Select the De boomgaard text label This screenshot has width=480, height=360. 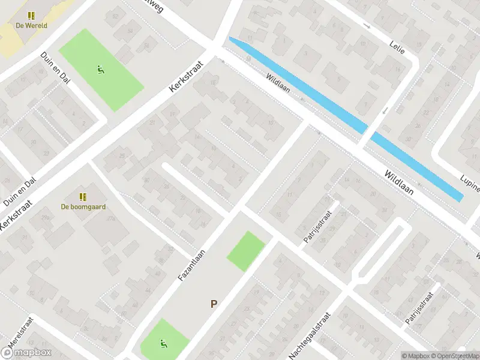[x=83, y=207]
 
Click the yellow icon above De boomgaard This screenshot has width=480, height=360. [x=83, y=197]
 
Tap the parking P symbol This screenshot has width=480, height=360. [x=213, y=304]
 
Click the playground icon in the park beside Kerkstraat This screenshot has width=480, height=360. [x=101, y=69]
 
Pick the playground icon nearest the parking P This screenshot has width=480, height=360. [x=163, y=344]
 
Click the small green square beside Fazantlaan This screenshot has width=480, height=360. [x=245, y=251]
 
